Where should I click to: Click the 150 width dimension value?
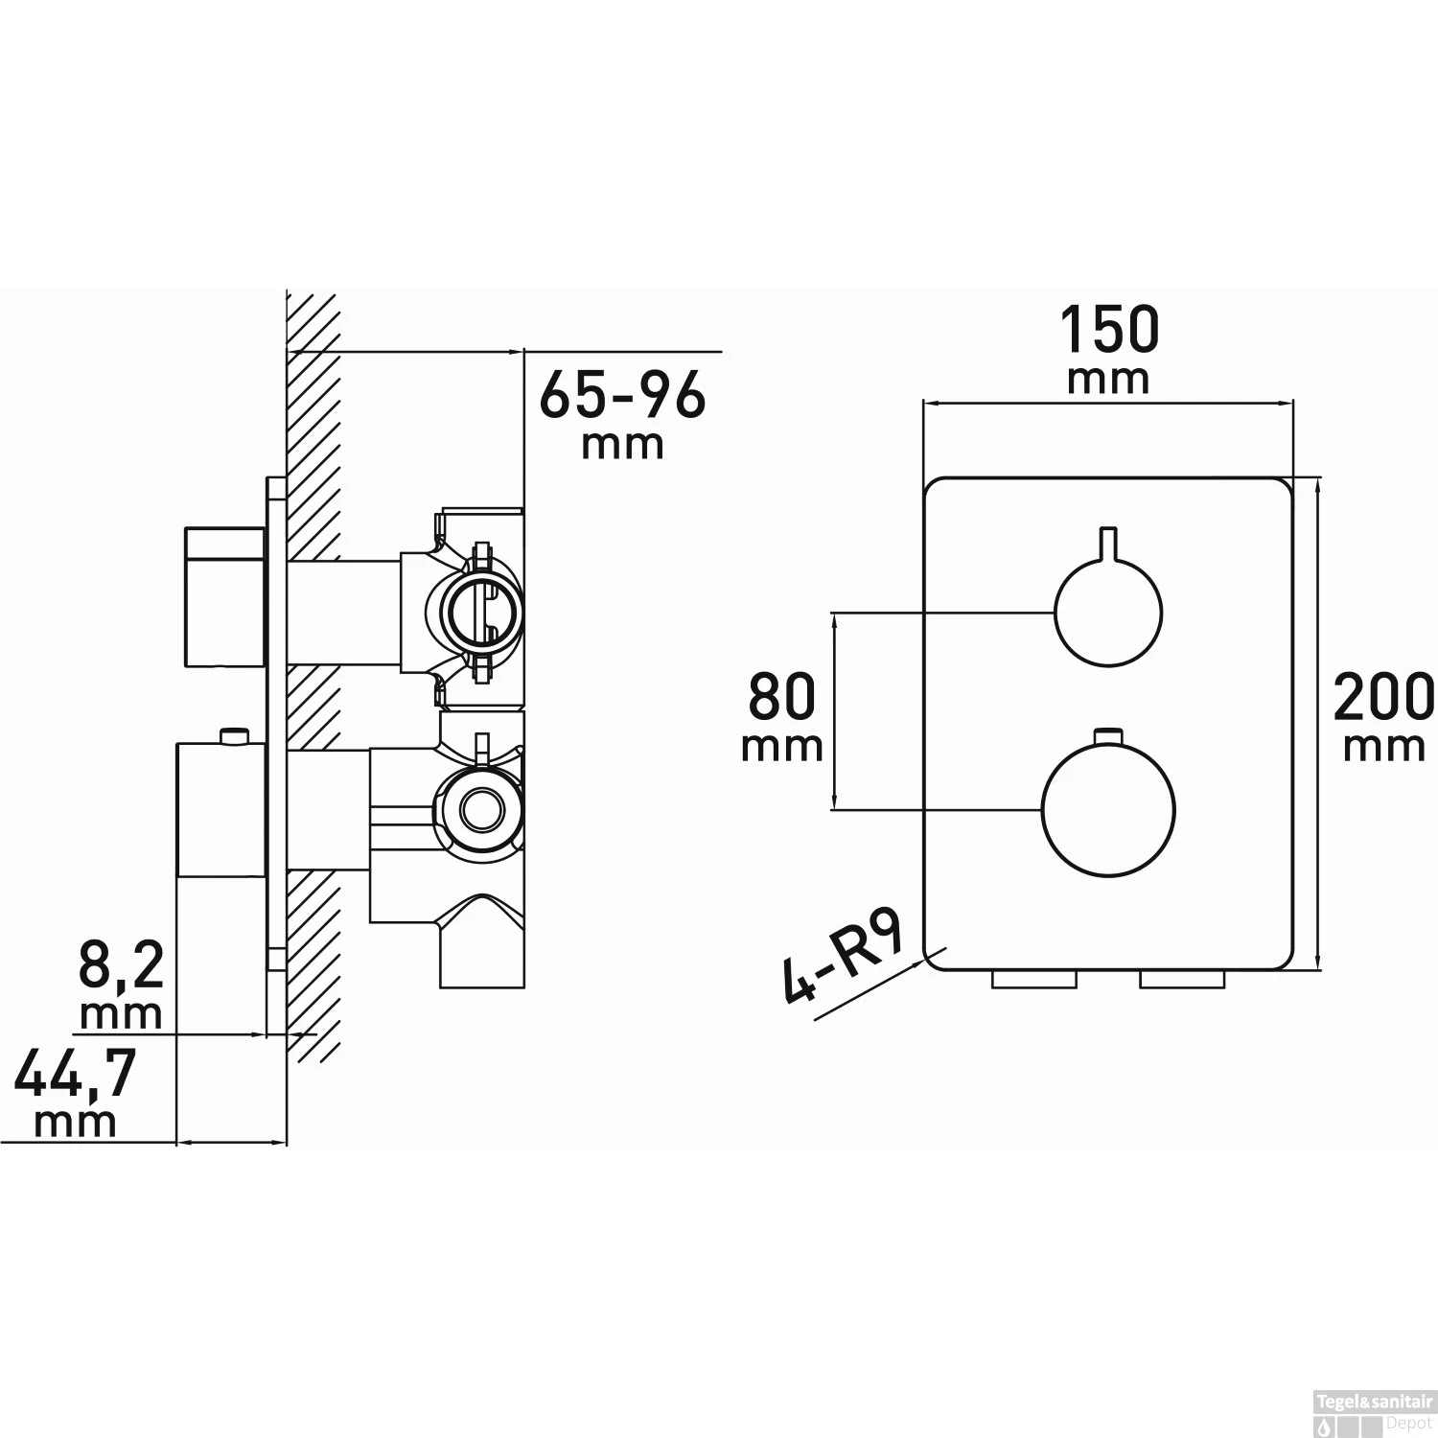[1108, 330]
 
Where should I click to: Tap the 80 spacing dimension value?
[782, 697]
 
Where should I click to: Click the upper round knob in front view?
[1107, 612]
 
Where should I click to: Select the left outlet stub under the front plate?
[1035, 979]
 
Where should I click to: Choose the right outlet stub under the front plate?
[1181, 979]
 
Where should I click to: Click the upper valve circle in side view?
[482, 610]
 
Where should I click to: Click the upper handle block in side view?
[224, 595]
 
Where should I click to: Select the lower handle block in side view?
[220, 809]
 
